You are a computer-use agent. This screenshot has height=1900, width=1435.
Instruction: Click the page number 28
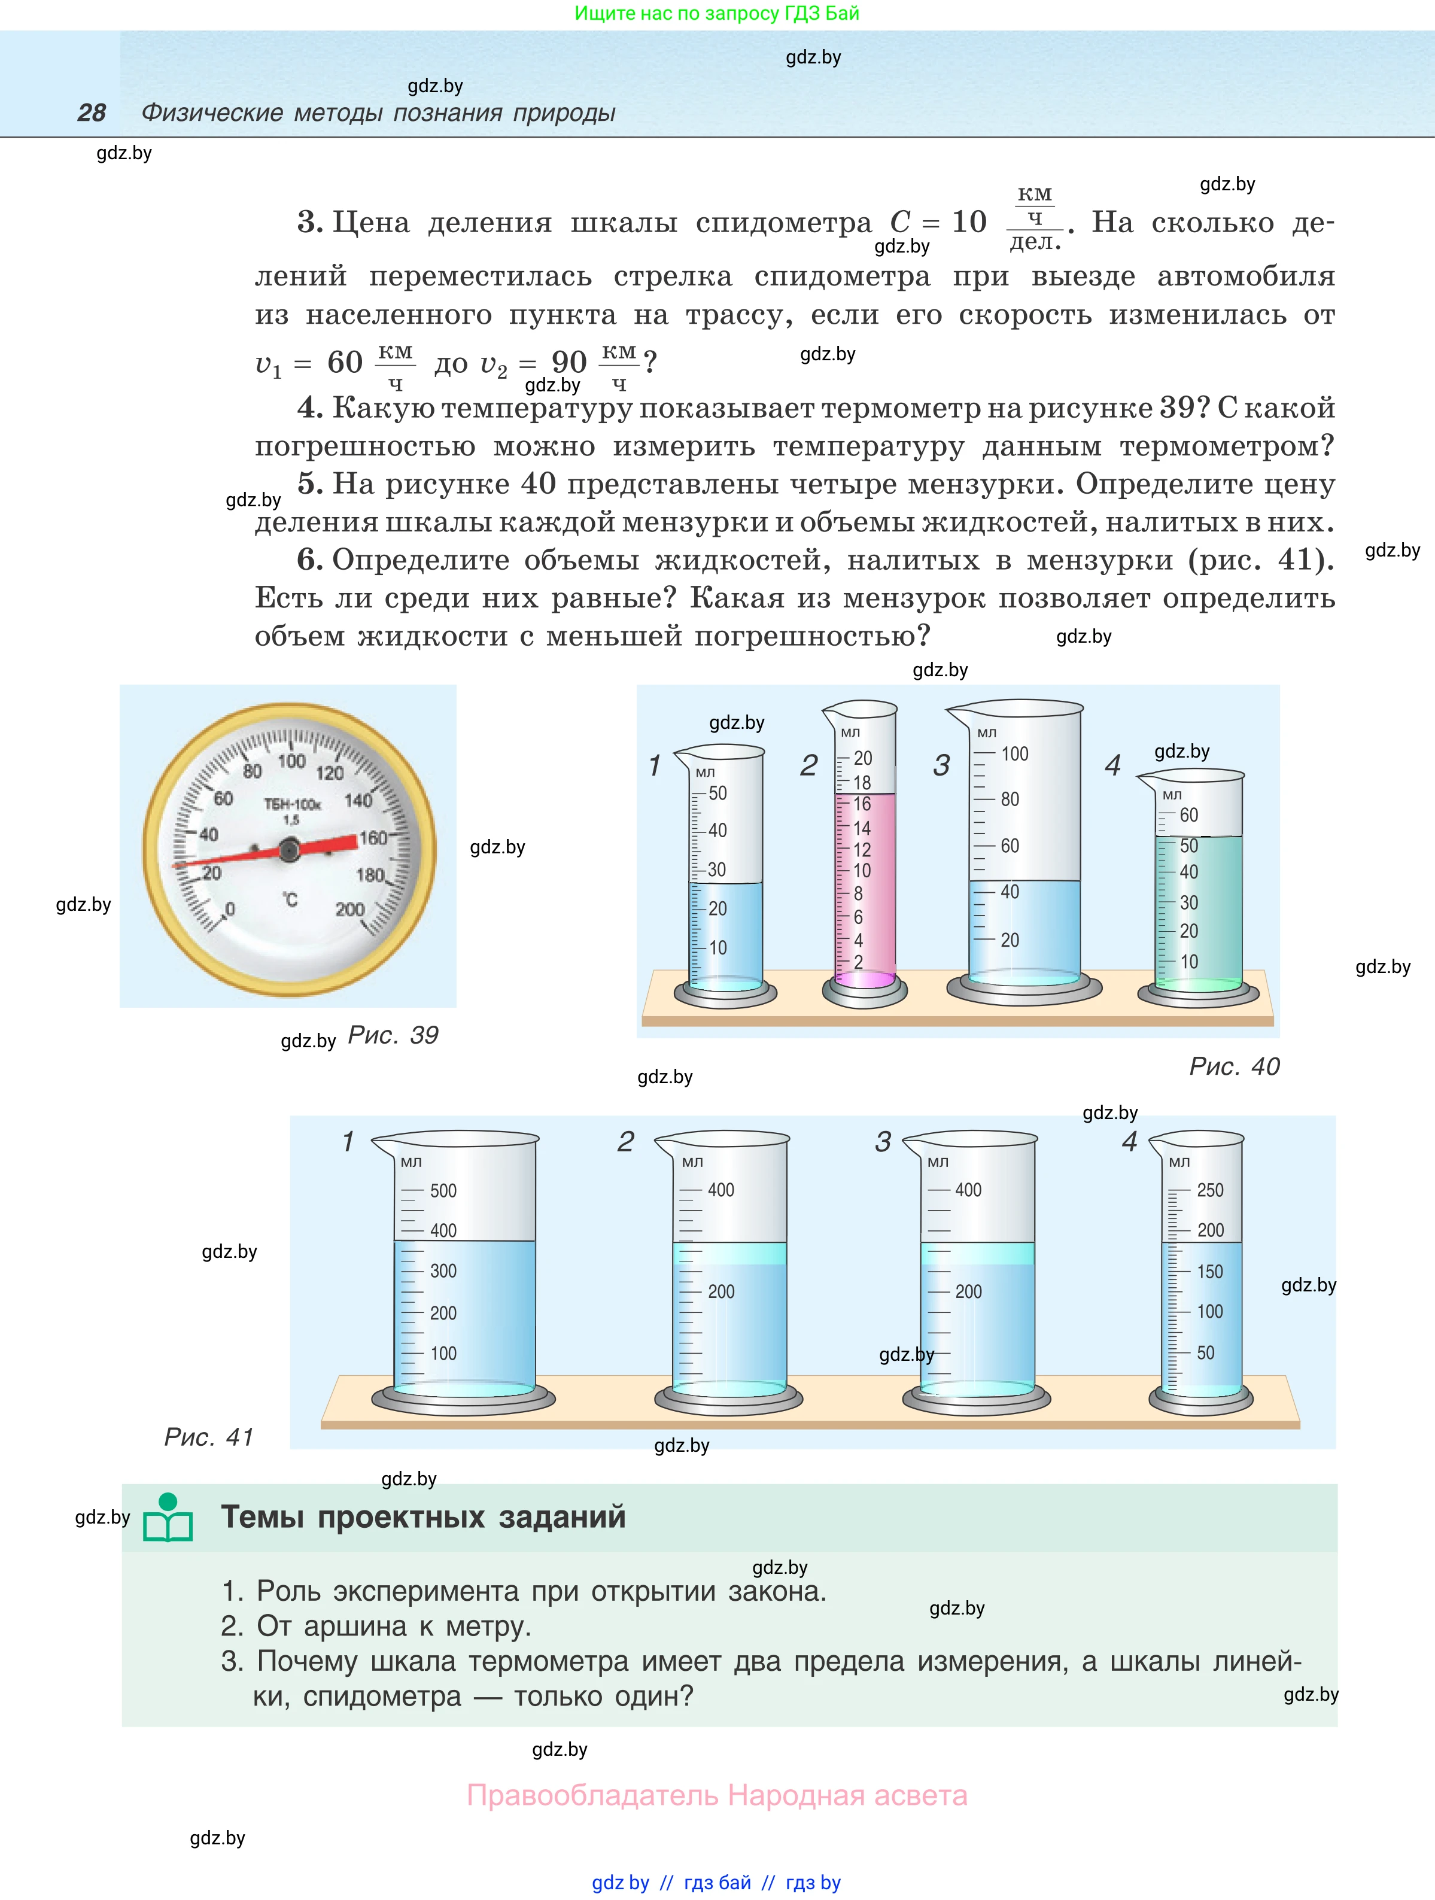[92, 113]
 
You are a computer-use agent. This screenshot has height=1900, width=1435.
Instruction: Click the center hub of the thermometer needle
[288, 850]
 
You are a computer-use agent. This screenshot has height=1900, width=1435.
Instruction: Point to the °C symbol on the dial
[290, 899]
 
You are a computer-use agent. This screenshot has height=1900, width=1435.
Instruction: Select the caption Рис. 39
[393, 1035]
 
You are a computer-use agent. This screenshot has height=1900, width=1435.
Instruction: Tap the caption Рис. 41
[209, 1437]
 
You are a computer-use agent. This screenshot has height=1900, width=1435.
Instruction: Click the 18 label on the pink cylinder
[861, 783]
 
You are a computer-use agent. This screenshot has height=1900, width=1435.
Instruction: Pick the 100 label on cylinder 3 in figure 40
[1014, 754]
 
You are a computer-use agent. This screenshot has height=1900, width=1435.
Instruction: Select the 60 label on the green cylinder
[1188, 815]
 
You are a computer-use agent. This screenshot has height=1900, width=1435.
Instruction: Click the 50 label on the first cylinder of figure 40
[717, 793]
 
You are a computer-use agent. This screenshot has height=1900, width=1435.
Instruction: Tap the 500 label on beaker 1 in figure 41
[443, 1190]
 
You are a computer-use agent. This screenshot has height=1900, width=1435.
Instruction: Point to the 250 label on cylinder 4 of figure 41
[1210, 1190]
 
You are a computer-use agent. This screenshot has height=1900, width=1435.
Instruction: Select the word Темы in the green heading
[262, 1517]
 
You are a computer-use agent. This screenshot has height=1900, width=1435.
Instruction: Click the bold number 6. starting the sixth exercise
[310, 560]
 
